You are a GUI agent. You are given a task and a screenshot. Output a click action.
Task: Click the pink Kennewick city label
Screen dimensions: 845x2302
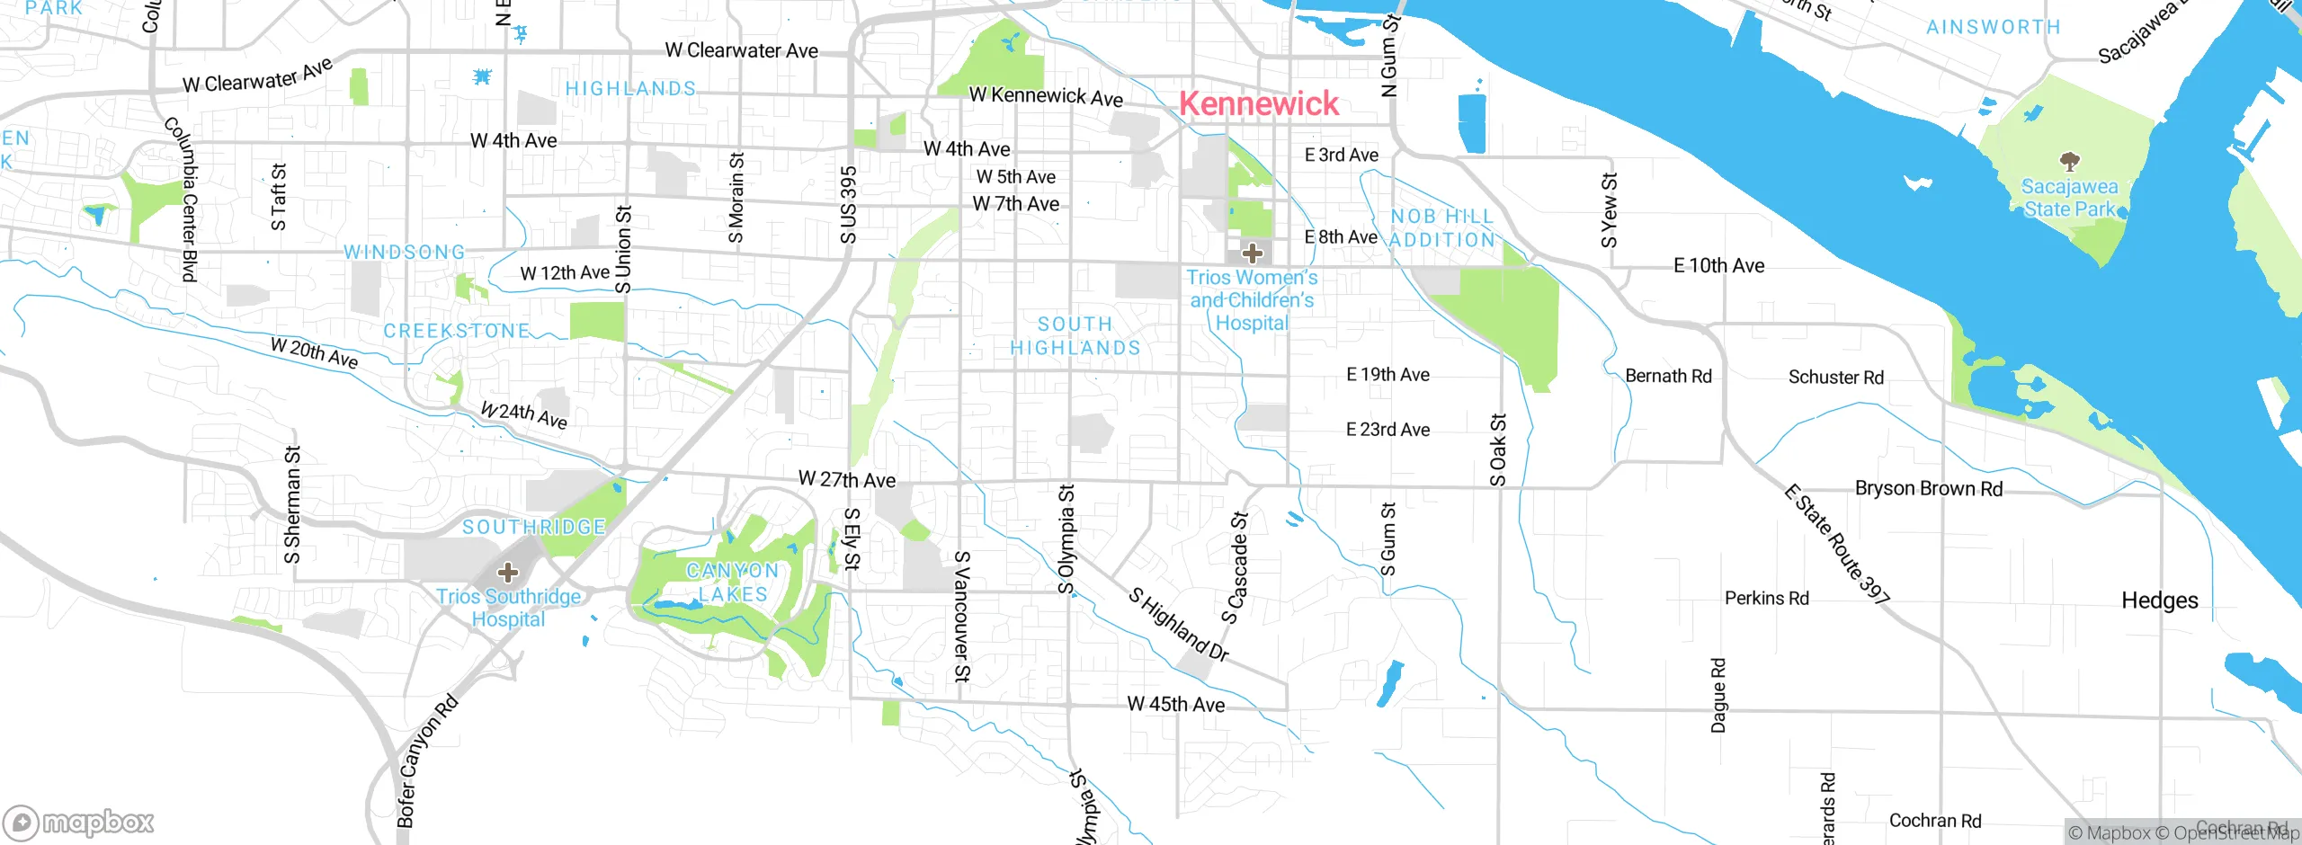(1258, 103)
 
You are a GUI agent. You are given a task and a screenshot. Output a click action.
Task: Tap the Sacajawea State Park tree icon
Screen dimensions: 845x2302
(2069, 162)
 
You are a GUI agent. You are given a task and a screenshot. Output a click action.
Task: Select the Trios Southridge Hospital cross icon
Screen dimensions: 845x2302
(508, 573)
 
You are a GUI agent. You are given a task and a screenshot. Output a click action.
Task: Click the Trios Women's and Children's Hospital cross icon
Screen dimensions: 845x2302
(1252, 253)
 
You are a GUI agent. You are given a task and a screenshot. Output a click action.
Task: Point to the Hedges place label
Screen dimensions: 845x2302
(2159, 600)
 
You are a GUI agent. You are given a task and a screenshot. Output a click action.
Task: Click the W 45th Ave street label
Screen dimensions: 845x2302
(1175, 704)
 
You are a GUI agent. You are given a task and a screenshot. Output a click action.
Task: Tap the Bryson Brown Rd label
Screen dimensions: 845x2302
(1928, 488)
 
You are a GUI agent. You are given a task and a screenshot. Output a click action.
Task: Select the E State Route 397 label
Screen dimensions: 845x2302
(1836, 544)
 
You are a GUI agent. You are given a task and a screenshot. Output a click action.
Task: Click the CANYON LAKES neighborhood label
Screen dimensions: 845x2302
(732, 583)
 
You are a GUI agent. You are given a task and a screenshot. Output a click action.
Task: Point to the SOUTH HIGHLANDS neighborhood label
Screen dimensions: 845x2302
(1075, 335)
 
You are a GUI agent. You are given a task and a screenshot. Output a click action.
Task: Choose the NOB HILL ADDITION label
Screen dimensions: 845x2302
(1441, 228)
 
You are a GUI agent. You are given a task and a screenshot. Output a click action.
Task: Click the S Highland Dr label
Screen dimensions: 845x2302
(1178, 625)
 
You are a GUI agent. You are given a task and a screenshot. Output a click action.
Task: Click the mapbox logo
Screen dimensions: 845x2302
(78, 822)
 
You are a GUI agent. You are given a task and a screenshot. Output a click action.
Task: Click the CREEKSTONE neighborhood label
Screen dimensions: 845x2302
(457, 331)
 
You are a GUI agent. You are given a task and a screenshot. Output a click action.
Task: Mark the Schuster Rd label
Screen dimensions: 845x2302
(1835, 378)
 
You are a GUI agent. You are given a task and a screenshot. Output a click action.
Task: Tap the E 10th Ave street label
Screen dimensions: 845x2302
(1718, 266)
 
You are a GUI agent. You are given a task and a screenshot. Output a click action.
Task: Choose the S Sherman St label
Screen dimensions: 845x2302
(292, 505)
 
